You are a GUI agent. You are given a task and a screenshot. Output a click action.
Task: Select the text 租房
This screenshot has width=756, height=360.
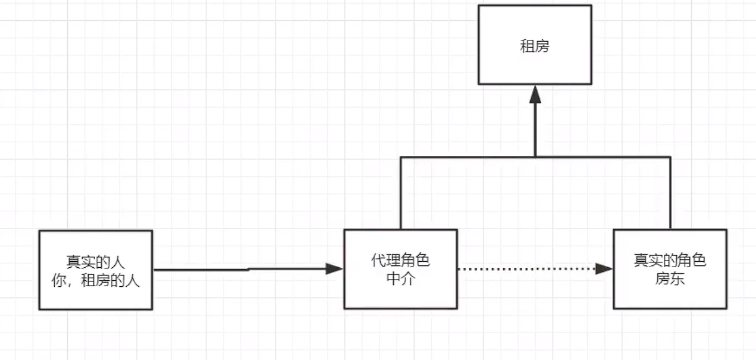(x=535, y=47)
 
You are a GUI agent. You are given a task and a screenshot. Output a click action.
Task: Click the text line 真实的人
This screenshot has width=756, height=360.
(x=95, y=262)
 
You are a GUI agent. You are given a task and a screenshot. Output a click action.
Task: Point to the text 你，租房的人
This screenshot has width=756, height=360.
(x=95, y=280)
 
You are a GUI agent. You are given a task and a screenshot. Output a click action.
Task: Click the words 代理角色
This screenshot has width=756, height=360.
(x=400, y=261)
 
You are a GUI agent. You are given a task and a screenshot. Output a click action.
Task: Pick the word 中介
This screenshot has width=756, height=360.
(x=400, y=278)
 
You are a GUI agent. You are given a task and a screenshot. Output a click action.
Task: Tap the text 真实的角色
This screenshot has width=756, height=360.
(x=670, y=261)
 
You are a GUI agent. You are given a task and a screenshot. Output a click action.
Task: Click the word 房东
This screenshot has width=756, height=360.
(x=670, y=278)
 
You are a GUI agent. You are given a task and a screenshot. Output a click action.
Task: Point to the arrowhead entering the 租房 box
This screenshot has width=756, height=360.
(x=535, y=93)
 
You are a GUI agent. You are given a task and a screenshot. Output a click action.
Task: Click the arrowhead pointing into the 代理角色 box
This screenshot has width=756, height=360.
(x=335, y=269)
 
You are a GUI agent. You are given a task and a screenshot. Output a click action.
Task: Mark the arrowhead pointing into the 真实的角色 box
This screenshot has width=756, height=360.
(x=604, y=269)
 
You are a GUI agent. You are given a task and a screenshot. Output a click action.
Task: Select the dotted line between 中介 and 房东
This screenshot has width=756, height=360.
(x=526, y=269)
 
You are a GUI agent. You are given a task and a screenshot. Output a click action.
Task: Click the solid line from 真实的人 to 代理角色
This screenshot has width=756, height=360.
(x=238, y=270)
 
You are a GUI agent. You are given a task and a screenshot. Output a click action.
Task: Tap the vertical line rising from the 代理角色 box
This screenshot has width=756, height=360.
(x=401, y=193)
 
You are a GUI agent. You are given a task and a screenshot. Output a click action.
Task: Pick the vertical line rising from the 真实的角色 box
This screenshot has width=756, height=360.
(x=670, y=193)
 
